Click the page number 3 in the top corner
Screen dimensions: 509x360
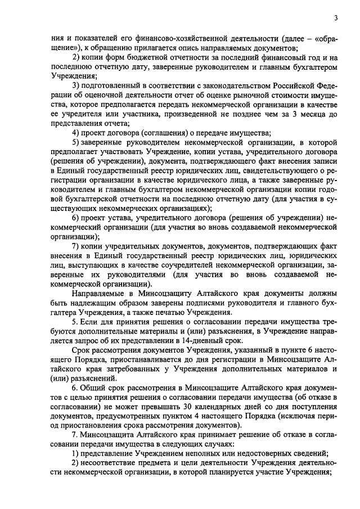click(x=335, y=18)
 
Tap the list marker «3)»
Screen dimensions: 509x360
click(x=76, y=85)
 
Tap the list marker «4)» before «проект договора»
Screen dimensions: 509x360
click(x=76, y=133)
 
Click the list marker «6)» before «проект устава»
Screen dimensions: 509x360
click(x=76, y=218)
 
